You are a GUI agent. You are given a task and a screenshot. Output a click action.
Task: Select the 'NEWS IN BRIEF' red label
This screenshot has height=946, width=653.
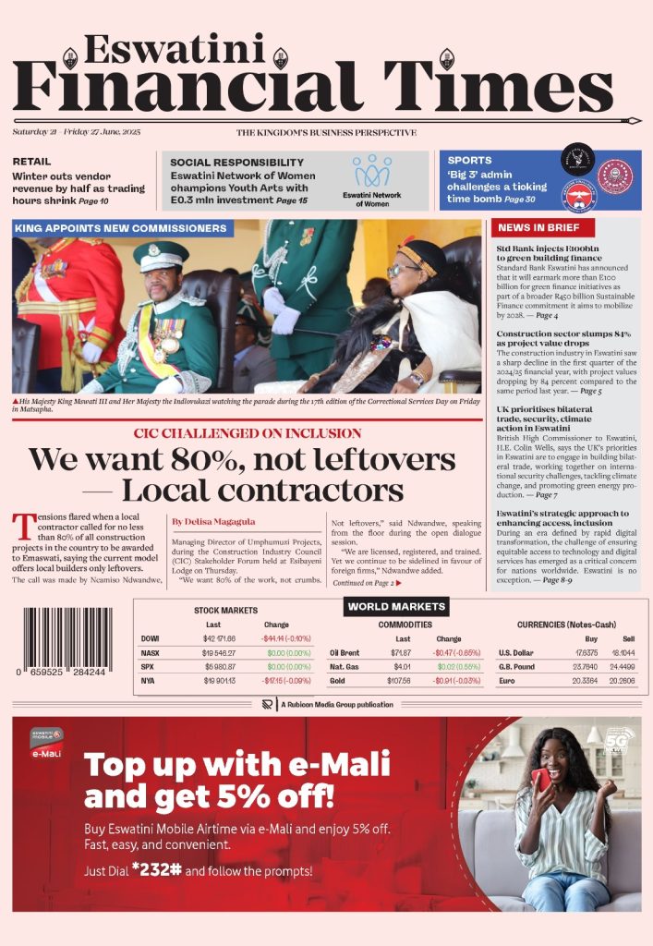[538, 227]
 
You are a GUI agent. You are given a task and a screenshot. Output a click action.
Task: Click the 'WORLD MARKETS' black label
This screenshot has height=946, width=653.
[396, 607]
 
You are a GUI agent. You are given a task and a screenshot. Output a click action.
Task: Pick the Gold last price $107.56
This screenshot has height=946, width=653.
[400, 680]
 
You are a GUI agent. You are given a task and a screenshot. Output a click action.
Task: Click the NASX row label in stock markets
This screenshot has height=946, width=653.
[151, 652]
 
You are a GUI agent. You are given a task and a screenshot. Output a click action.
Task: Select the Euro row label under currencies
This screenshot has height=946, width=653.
[506, 680]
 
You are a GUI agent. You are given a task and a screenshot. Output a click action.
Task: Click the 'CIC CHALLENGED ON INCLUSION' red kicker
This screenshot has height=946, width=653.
[247, 433]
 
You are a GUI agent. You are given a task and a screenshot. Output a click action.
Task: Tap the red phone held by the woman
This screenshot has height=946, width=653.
[542, 780]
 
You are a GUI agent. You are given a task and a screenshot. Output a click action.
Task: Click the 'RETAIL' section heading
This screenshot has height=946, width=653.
[31, 161]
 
